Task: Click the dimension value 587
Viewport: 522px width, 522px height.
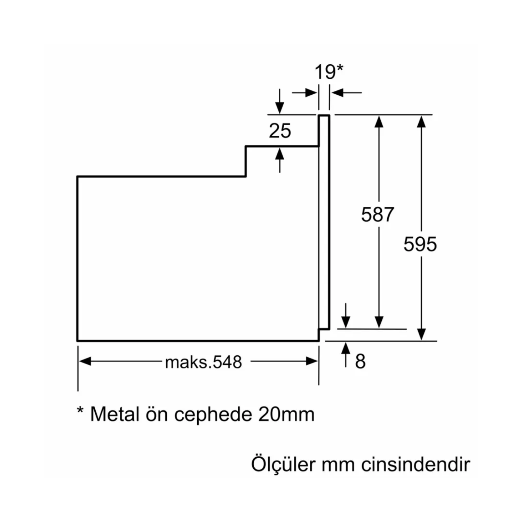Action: pyautogui.click(x=378, y=214)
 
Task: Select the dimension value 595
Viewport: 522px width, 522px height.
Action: pyautogui.click(x=420, y=244)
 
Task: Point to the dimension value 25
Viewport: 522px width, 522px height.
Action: pyautogui.click(x=280, y=131)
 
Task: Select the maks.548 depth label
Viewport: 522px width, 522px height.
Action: pyautogui.click(x=204, y=362)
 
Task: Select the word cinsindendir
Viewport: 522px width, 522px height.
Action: pyautogui.click(x=416, y=464)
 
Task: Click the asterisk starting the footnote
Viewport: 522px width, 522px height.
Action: pyautogui.click(x=80, y=411)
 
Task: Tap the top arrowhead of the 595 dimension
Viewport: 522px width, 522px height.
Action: pyautogui.click(x=421, y=121)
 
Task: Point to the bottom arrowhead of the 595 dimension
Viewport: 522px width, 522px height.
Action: pyautogui.click(x=421, y=334)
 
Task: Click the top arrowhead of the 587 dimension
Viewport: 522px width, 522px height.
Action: pyautogui.click(x=379, y=121)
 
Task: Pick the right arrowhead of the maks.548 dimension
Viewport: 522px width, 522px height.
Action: pyautogui.click(x=312, y=361)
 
